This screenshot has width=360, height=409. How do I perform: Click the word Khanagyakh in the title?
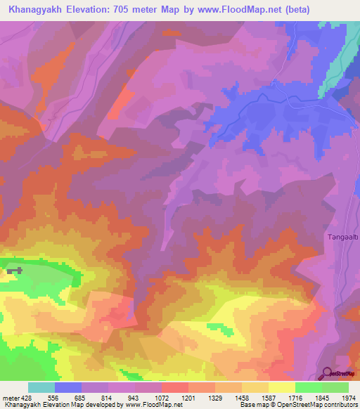(x=32, y=10)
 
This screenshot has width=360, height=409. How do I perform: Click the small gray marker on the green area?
(x=15, y=271)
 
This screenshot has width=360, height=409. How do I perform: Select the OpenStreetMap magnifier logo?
(x=326, y=373)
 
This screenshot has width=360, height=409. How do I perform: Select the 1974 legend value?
(x=349, y=398)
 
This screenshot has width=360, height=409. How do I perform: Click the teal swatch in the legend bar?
(x=41, y=387)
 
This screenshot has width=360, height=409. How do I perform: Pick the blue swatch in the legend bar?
(x=67, y=387)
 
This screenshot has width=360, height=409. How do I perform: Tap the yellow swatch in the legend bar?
(x=281, y=387)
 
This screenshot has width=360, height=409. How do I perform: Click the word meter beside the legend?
(x=9, y=398)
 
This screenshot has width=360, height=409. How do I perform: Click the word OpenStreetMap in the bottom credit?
(x=309, y=405)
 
